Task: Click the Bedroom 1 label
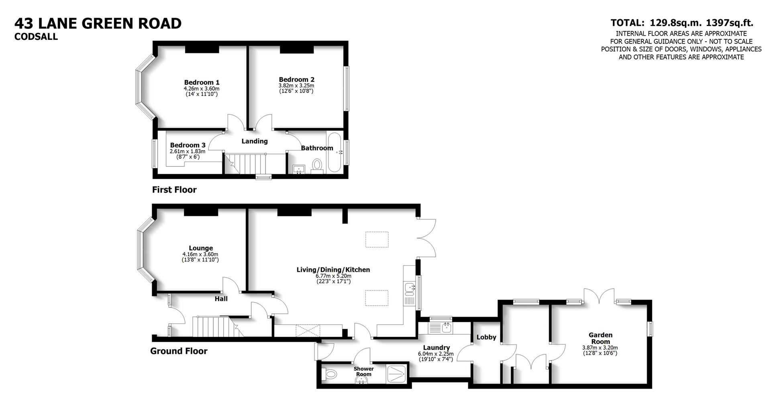click(x=202, y=82)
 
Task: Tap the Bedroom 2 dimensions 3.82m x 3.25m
click(x=296, y=85)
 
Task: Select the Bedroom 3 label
click(x=188, y=145)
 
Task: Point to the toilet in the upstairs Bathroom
click(x=317, y=165)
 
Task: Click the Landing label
click(x=254, y=141)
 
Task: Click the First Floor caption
click(x=174, y=190)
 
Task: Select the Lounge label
click(x=201, y=248)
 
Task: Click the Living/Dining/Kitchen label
click(x=333, y=270)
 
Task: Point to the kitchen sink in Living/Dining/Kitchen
click(x=410, y=288)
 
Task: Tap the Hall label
click(x=221, y=298)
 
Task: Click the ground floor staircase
click(x=211, y=327)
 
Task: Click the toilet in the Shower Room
click(x=330, y=374)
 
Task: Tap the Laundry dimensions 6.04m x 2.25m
click(x=435, y=354)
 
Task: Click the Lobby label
click(x=486, y=337)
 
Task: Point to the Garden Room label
click(x=600, y=338)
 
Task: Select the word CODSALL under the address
click(x=36, y=37)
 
